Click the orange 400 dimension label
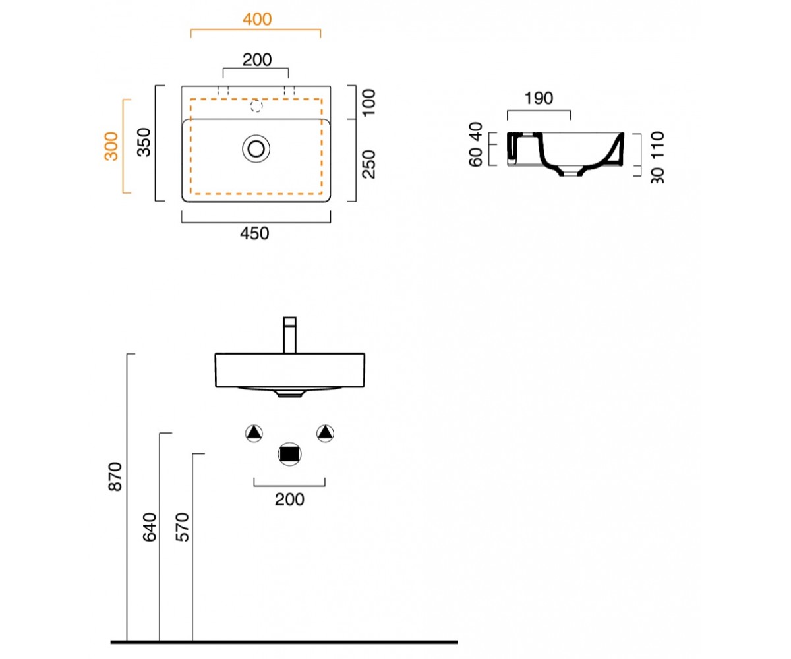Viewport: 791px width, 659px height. coord(257,19)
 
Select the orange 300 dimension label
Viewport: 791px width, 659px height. coord(111,146)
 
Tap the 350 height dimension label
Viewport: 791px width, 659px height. coord(144,142)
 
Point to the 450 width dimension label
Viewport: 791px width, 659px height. coord(254,233)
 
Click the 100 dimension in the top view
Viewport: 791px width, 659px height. coord(368,103)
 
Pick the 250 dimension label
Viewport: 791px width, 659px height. coord(368,164)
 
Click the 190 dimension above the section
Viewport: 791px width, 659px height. coord(539,98)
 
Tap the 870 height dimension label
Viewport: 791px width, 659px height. coord(115,476)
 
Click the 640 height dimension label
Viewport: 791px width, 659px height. coord(150,527)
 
